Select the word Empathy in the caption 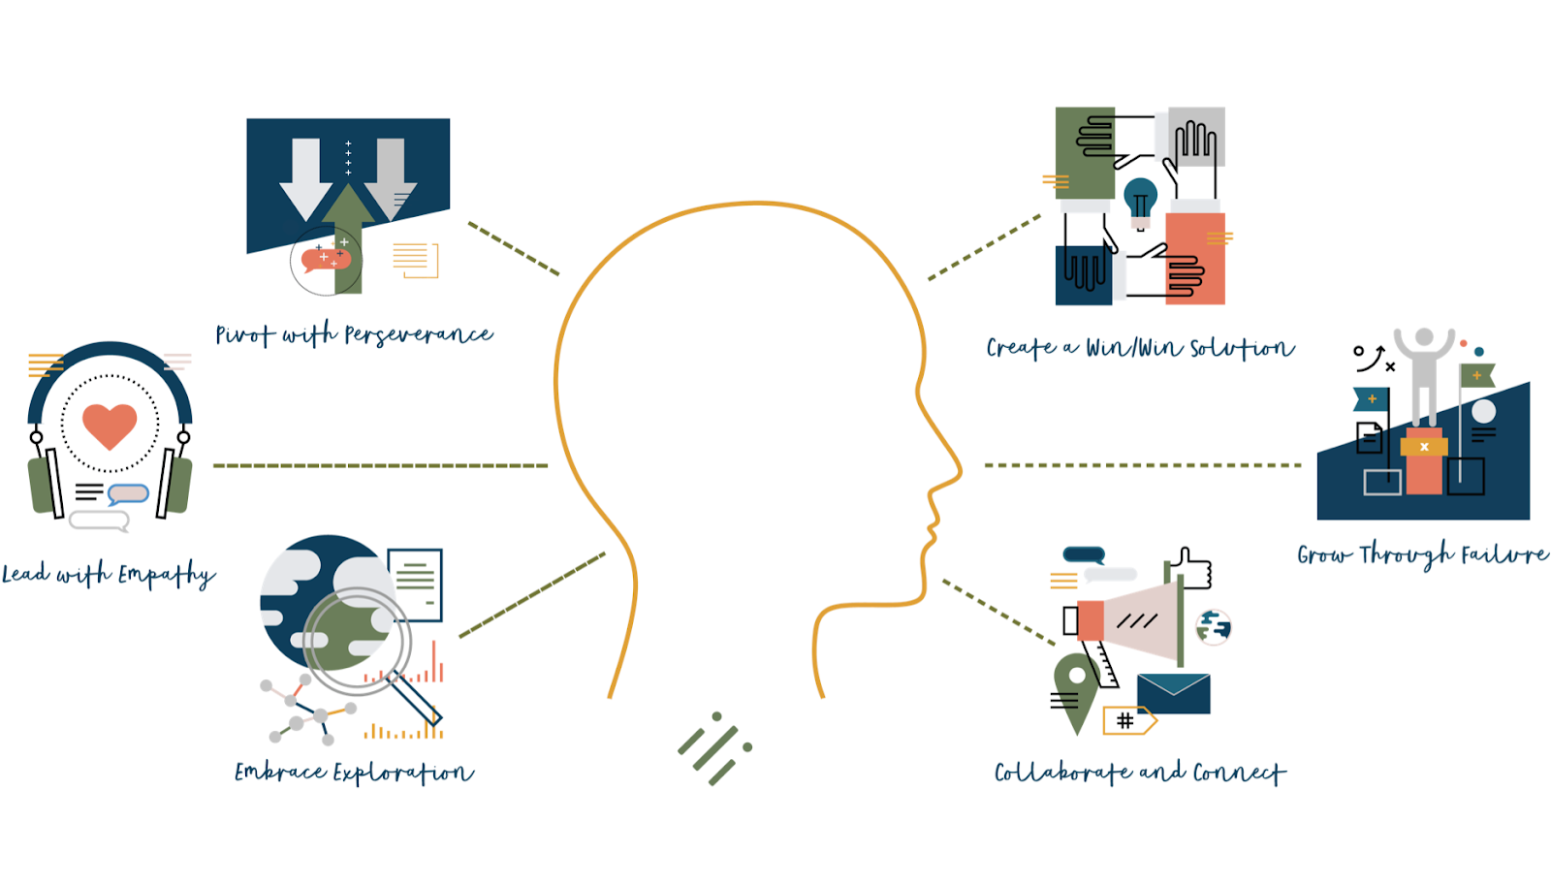pyautogui.click(x=166, y=575)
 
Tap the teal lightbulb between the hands pyautogui.click(x=1141, y=199)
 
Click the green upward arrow pyautogui.click(x=349, y=233)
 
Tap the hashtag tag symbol pyautogui.click(x=1126, y=720)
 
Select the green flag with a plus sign pyautogui.click(x=1476, y=375)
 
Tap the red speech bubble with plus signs pyautogui.click(x=326, y=259)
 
